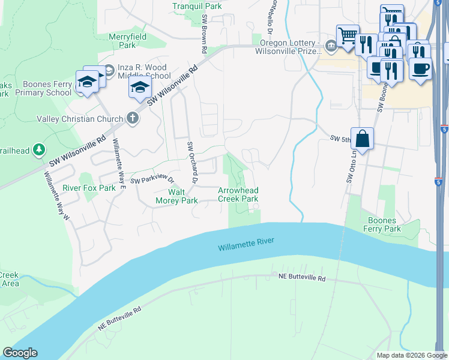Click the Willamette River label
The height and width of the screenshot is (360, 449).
(x=246, y=244)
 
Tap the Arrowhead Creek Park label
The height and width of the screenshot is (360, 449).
(x=238, y=194)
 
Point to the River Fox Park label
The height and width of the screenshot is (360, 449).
(x=89, y=188)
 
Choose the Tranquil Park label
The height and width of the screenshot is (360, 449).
(x=197, y=6)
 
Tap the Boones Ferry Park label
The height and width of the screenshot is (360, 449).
(x=383, y=224)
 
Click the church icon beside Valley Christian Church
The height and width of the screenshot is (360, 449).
(x=133, y=119)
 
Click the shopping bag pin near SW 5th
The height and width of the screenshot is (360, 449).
(x=363, y=139)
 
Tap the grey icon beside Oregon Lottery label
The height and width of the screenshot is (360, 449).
(x=331, y=46)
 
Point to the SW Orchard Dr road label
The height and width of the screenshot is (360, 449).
(x=191, y=162)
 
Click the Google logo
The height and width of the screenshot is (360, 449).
(x=20, y=353)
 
